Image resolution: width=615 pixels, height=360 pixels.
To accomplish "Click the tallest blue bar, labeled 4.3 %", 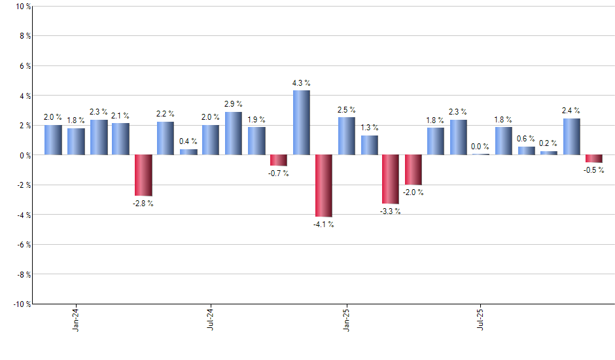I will pos(301,122).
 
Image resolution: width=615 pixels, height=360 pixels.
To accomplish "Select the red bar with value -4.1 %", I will pos(324,186).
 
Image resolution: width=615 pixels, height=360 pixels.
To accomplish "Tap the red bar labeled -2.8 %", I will pos(143,175).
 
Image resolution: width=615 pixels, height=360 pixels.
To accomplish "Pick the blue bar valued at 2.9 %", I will pos(234,134).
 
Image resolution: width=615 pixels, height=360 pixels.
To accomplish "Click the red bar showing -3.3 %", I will pos(391,179).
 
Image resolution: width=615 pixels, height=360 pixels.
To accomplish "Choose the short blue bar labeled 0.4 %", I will pos(188,152).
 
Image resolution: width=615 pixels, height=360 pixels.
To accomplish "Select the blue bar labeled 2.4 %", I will pos(572,137).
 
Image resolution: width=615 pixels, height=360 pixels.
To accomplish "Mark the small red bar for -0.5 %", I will pos(594,158).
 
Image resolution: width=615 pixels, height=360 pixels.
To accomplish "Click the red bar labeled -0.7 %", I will pos(279,160).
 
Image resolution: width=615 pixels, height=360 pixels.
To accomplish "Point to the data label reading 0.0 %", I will pos(481,147).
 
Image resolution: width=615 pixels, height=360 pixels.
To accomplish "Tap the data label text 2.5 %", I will pos(347,110).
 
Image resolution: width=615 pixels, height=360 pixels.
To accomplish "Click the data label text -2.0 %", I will pos(413,192).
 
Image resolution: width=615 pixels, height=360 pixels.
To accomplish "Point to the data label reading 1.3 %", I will pos(370,128).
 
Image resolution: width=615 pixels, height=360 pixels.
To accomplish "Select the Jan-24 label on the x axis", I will pos(76,319).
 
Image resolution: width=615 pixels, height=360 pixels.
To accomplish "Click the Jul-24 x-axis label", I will pos(211,319).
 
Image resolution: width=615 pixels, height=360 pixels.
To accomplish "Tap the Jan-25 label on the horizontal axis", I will pos(346,319).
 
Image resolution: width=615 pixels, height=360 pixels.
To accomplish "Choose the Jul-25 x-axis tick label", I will pos(481,319).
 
